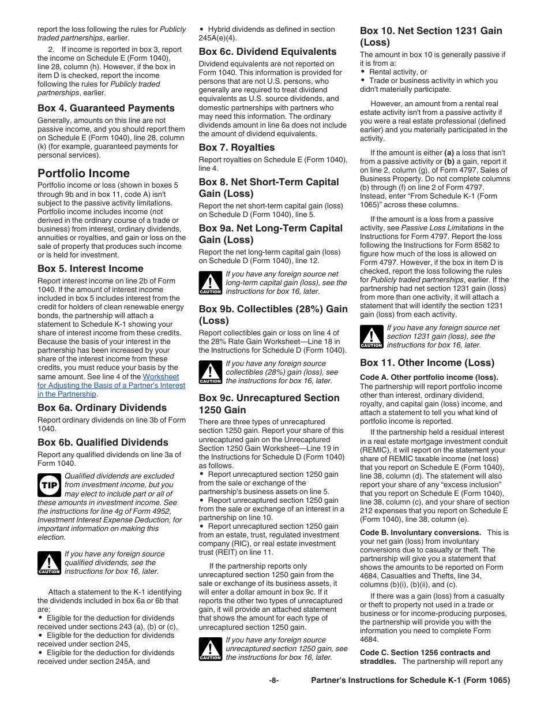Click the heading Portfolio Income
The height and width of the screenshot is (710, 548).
[x=84, y=173]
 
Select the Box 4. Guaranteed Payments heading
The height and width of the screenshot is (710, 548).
[x=106, y=108]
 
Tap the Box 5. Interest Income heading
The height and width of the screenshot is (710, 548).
[x=91, y=268]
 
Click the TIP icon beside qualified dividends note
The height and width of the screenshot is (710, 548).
[x=49, y=485]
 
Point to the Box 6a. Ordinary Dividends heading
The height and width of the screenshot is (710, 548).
[x=102, y=408]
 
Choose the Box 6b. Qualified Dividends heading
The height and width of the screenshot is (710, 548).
[x=103, y=442]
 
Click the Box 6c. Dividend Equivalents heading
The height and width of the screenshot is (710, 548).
[x=268, y=51]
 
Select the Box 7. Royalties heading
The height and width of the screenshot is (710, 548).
[x=237, y=147]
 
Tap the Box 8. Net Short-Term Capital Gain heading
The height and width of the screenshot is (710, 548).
[x=269, y=188]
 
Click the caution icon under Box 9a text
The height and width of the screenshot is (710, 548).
[x=210, y=283]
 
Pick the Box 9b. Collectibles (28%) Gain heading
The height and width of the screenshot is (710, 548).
[x=273, y=315]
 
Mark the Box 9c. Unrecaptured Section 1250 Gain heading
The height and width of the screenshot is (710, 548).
[x=269, y=403]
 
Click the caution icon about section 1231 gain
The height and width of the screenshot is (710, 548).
[x=371, y=337]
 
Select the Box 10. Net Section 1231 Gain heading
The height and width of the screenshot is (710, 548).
[x=431, y=36]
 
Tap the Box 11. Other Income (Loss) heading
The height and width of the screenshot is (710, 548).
[x=427, y=363]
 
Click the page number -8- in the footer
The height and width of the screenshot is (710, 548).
[x=274, y=681]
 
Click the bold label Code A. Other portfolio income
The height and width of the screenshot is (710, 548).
[x=429, y=378]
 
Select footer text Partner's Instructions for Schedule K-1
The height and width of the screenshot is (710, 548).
[x=410, y=681]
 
